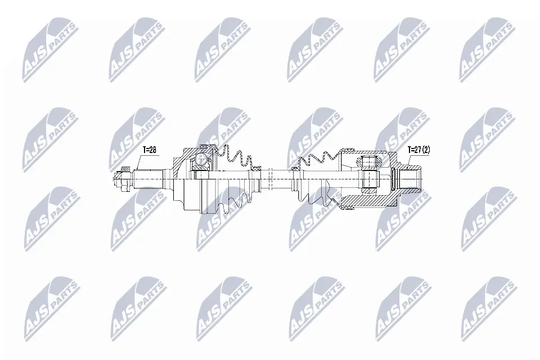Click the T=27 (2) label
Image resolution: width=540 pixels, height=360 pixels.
point(419,150)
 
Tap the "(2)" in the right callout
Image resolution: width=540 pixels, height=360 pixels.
point(427,150)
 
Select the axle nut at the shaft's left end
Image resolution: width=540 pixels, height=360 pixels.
point(120,179)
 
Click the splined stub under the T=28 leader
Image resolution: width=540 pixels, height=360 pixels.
point(149,179)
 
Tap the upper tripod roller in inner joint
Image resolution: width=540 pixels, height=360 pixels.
point(368,162)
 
